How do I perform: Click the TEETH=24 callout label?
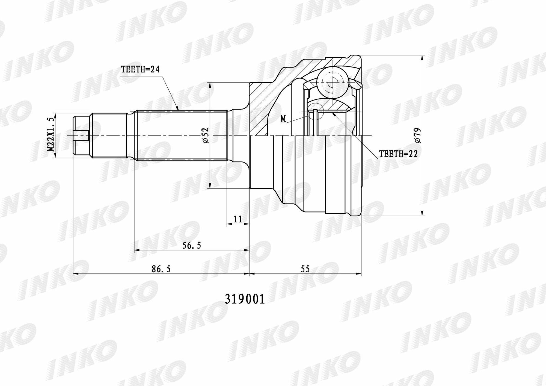pos(140,70)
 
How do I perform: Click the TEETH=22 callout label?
pos(399,154)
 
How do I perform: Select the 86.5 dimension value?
pos(161,269)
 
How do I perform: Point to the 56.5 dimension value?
pos(192,246)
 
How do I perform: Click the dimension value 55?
pos(305,269)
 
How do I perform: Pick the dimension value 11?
pos(238,219)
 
